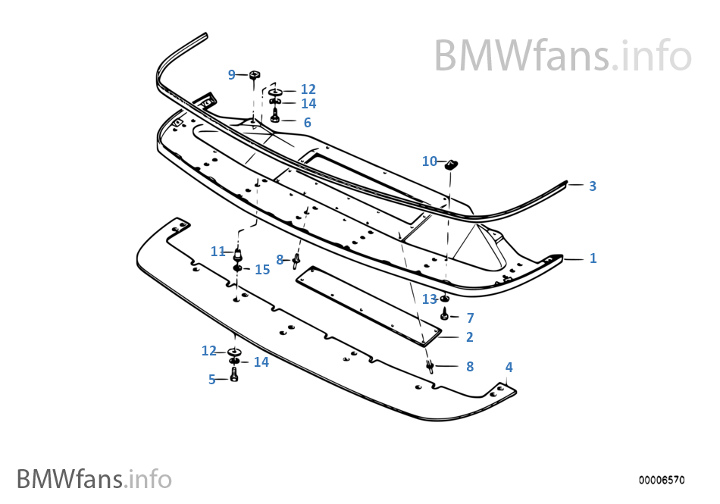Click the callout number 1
point(593,258)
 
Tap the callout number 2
point(470,337)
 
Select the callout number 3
point(593,186)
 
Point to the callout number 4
point(509,368)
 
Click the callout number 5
point(212,380)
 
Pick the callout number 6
point(307,123)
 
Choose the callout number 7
point(470,318)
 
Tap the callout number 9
point(232,74)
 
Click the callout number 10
point(430,161)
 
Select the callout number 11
point(218,252)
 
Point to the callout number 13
point(430,299)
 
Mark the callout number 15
point(262,270)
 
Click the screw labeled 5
point(234,375)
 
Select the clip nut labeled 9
point(254,74)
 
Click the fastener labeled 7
point(445,315)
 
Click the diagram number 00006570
point(661,480)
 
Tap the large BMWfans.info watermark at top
point(562,55)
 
